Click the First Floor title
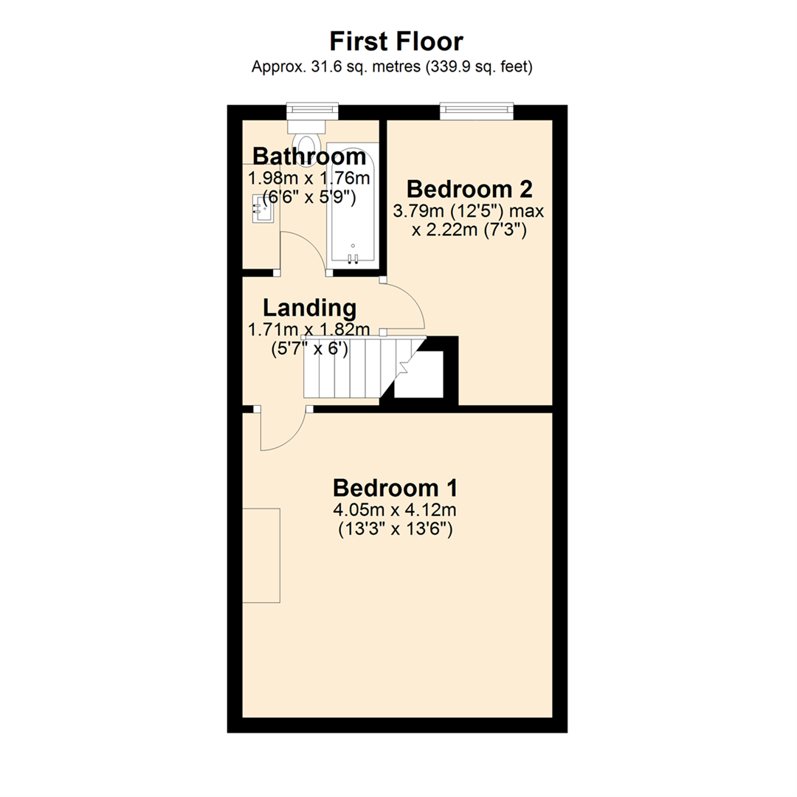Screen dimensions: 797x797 (396, 41)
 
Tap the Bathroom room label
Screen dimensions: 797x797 (309, 156)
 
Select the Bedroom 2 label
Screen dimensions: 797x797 (469, 189)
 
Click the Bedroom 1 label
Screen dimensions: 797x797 (395, 488)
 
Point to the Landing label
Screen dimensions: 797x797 (309, 308)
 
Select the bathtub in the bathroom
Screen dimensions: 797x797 (353, 204)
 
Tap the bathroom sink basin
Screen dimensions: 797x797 (263, 208)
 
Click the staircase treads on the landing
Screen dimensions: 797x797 (356, 367)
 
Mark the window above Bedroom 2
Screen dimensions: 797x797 (477, 112)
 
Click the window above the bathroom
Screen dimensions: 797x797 (312, 111)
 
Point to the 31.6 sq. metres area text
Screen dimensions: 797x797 (336, 67)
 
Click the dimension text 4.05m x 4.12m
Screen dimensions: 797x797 (395, 509)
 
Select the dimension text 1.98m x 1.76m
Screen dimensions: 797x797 (309, 179)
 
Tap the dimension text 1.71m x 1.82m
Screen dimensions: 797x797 (309, 329)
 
